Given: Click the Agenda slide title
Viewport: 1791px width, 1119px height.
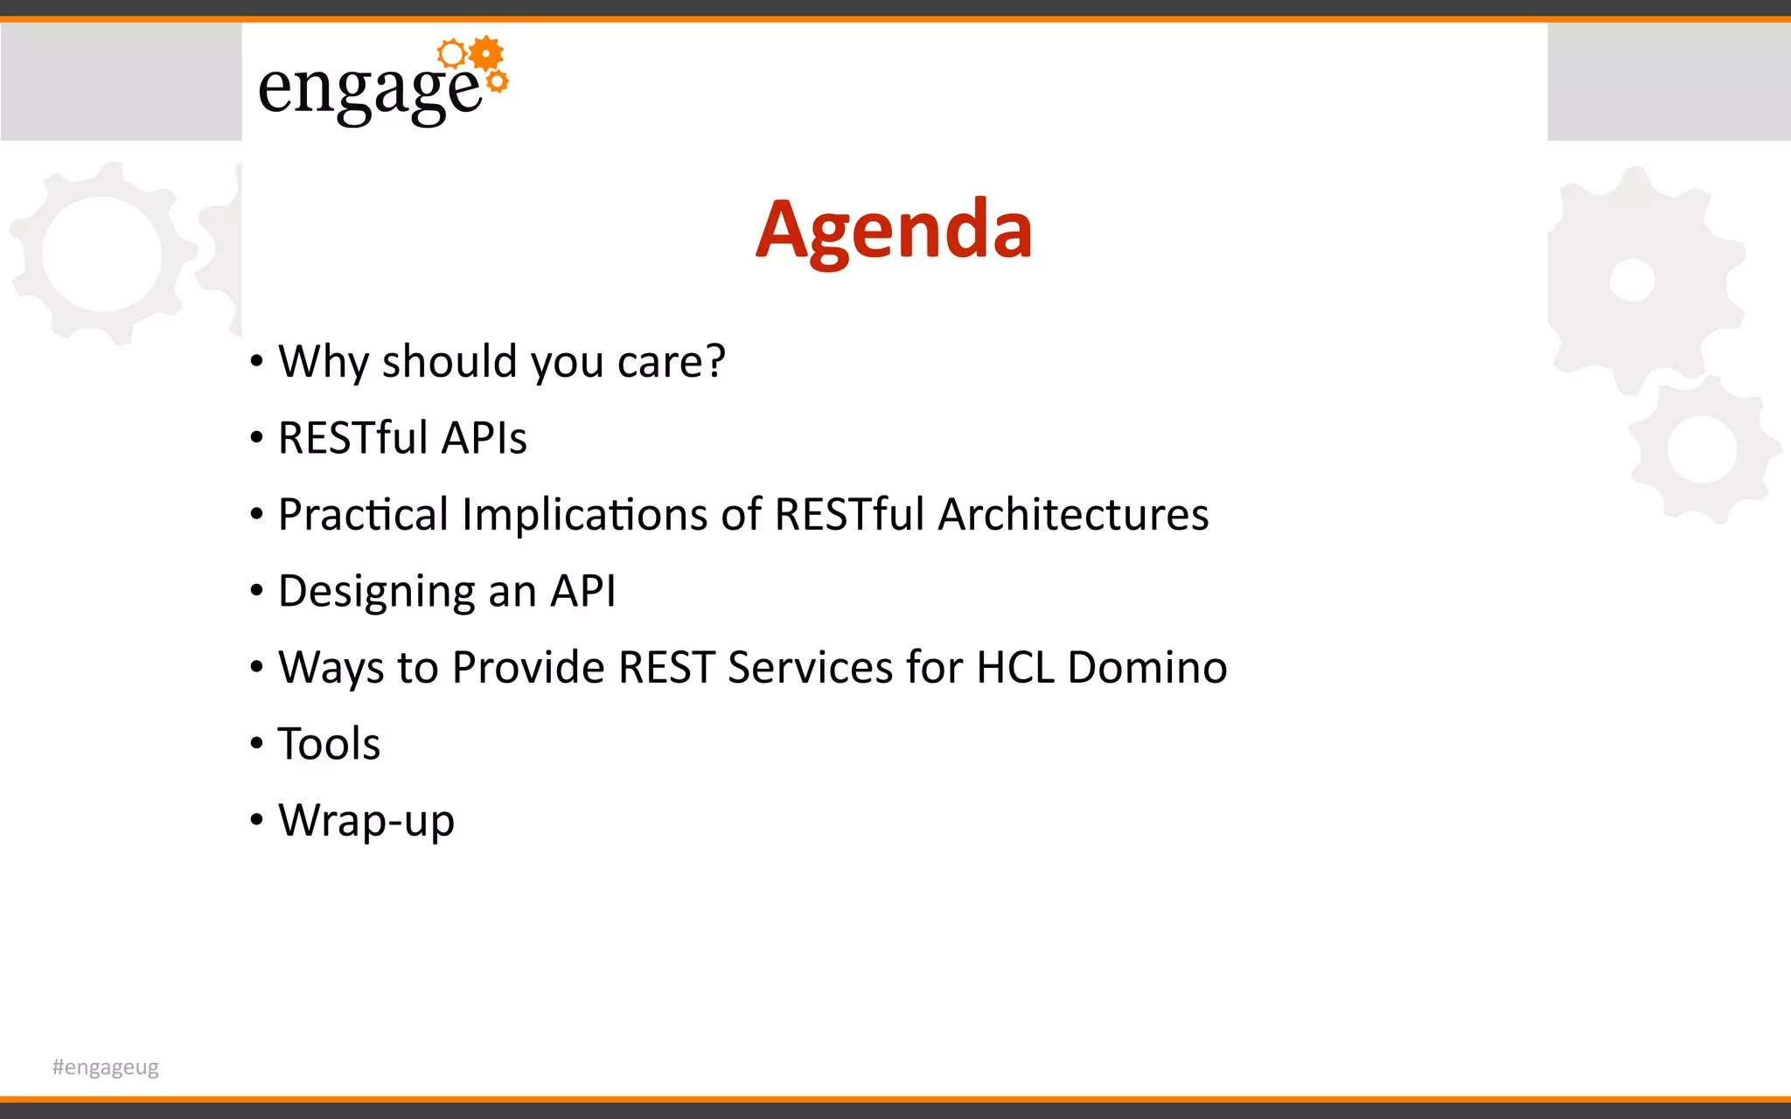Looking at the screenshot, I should click(894, 230).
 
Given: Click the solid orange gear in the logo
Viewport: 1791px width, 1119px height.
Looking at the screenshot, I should click(486, 54).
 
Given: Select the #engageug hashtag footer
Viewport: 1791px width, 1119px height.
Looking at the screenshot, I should click(105, 1067).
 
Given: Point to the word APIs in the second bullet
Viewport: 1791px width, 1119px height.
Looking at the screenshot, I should click(484, 437).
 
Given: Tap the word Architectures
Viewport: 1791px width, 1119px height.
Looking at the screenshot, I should click(1073, 514).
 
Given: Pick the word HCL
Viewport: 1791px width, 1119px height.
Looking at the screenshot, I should click(1014, 667).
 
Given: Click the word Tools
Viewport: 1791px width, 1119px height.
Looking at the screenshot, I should click(329, 744).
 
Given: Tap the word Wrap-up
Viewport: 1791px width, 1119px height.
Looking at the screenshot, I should click(366, 821).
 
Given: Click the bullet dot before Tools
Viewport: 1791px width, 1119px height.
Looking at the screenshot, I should click(256, 744).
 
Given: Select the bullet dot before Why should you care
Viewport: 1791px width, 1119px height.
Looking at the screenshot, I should click(256, 361).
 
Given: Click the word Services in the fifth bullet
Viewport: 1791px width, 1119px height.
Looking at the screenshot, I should click(811, 667).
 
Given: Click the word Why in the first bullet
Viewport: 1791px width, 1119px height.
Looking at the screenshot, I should click(323, 361).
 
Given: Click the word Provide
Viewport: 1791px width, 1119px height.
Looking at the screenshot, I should click(528, 667).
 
